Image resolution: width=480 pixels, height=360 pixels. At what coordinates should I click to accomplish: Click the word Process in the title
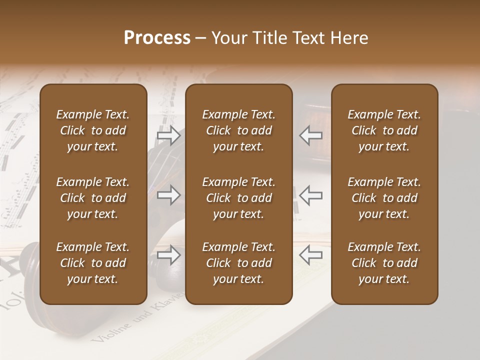157,38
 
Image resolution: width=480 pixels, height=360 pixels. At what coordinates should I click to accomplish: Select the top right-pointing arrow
168,135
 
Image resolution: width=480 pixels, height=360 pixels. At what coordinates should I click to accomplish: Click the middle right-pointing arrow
168,195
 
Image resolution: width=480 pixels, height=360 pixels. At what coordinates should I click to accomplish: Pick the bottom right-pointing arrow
168,255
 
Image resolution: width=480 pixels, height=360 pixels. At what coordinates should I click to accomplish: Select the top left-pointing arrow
310,135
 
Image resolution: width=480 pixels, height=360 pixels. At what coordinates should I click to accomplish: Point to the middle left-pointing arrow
310,195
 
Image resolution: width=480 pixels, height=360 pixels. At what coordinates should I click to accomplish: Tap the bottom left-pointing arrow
310,255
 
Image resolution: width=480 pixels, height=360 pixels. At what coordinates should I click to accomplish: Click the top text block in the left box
93,130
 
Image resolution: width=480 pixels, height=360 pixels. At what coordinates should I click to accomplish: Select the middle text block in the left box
93,198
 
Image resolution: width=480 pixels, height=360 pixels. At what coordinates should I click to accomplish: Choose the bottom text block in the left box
93,263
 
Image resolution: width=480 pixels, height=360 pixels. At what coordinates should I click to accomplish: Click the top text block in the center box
238,130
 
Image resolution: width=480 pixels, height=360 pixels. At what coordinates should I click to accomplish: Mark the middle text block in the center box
238,198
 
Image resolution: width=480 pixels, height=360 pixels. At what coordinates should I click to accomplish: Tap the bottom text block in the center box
238,263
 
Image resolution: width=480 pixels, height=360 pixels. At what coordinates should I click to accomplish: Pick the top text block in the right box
384,130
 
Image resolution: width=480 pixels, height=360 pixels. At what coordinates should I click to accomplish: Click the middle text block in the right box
384,198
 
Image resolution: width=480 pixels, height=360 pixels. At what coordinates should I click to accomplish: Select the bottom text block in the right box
384,263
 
